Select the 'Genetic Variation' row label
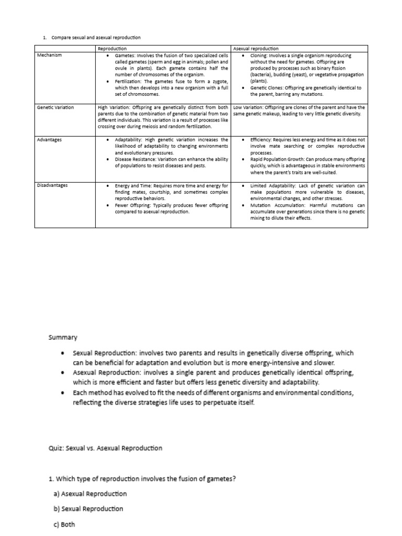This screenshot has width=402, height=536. pyautogui.click(x=55, y=108)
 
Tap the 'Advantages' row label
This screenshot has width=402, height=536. pyautogui.click(x=49, y=140)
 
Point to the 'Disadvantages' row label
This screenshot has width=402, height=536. pyautogui.click(x=53, y=185)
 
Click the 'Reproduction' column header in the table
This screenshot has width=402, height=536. pyautogui.click(x=113, y=48)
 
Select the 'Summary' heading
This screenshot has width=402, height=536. pyautogui.click(x=62, y=338)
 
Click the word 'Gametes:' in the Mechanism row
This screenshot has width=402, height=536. pyautogui.click(x=126, y=55)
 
